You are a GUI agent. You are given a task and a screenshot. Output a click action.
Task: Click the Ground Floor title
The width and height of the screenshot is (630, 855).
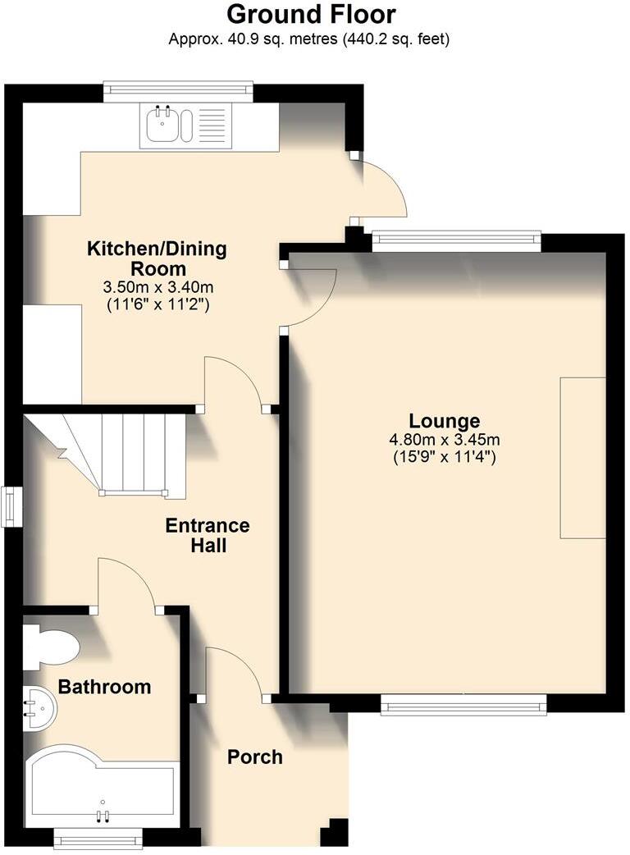point(310,14)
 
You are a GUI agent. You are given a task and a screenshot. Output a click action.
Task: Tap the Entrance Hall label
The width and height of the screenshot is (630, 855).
point(208,535)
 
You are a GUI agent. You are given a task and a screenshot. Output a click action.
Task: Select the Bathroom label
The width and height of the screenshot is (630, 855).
point(105,687)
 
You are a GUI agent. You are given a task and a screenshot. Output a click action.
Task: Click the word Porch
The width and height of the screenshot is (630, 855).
point(254,757)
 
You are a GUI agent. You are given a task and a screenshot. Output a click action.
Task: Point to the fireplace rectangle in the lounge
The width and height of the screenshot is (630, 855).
point(582,457)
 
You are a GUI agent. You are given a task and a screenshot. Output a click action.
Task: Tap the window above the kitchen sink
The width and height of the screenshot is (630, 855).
point(178,91)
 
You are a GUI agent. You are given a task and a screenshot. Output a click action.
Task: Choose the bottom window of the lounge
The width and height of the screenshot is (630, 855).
point(463,705)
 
